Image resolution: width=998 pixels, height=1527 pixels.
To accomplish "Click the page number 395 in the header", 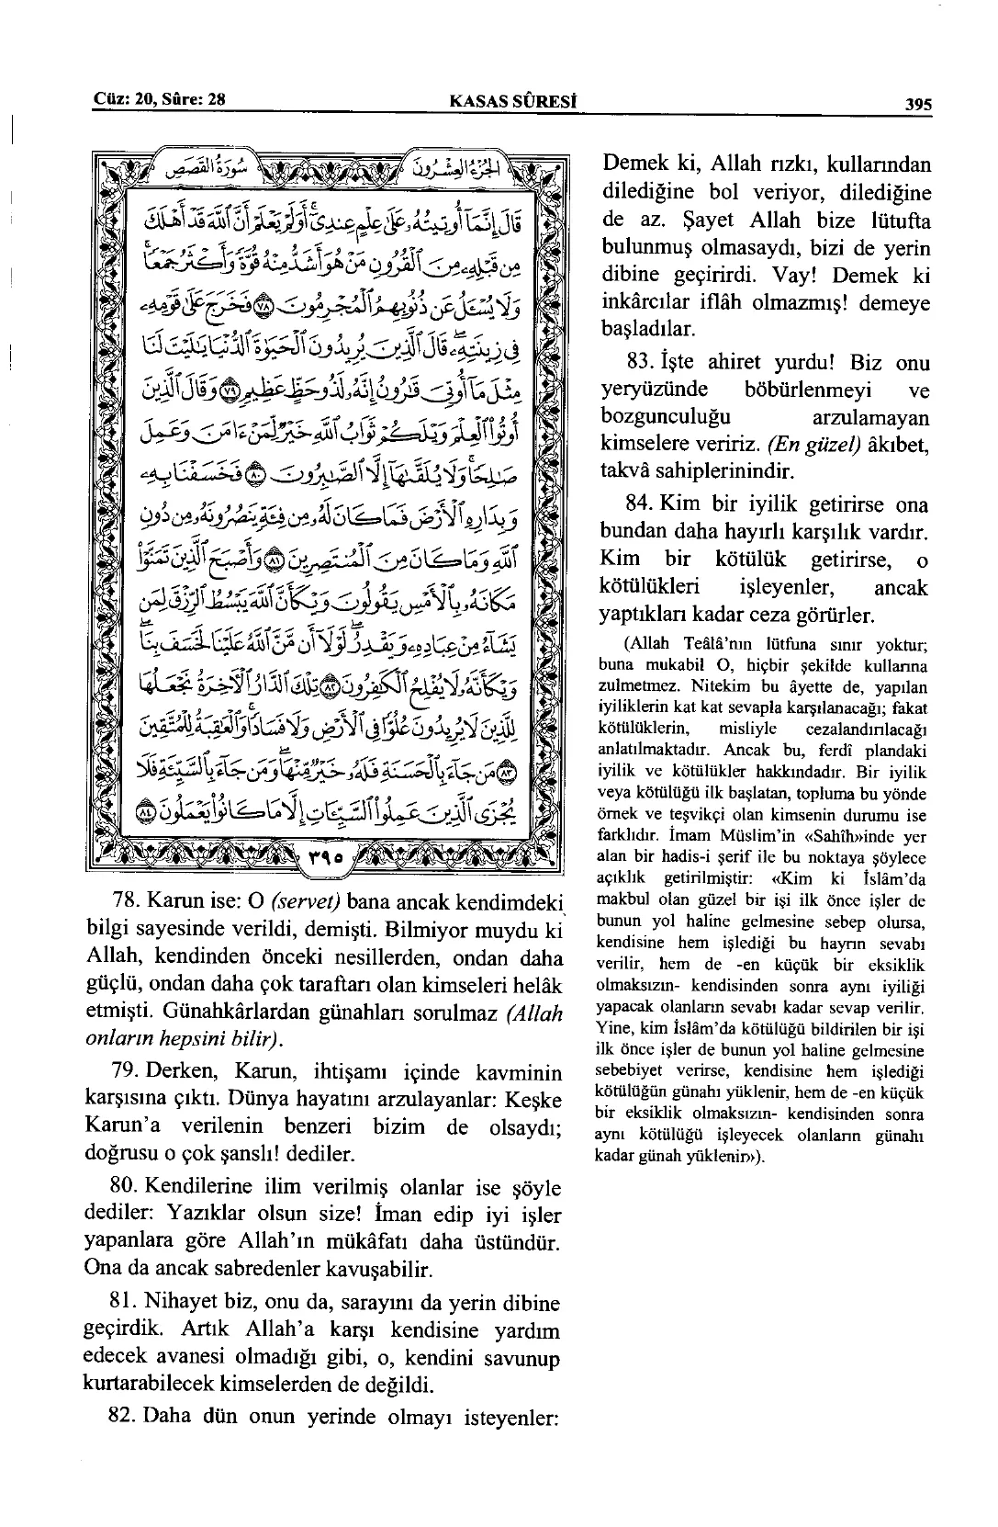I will coord(918,105).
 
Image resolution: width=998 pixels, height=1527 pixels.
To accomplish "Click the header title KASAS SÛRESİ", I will coord(499,102).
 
